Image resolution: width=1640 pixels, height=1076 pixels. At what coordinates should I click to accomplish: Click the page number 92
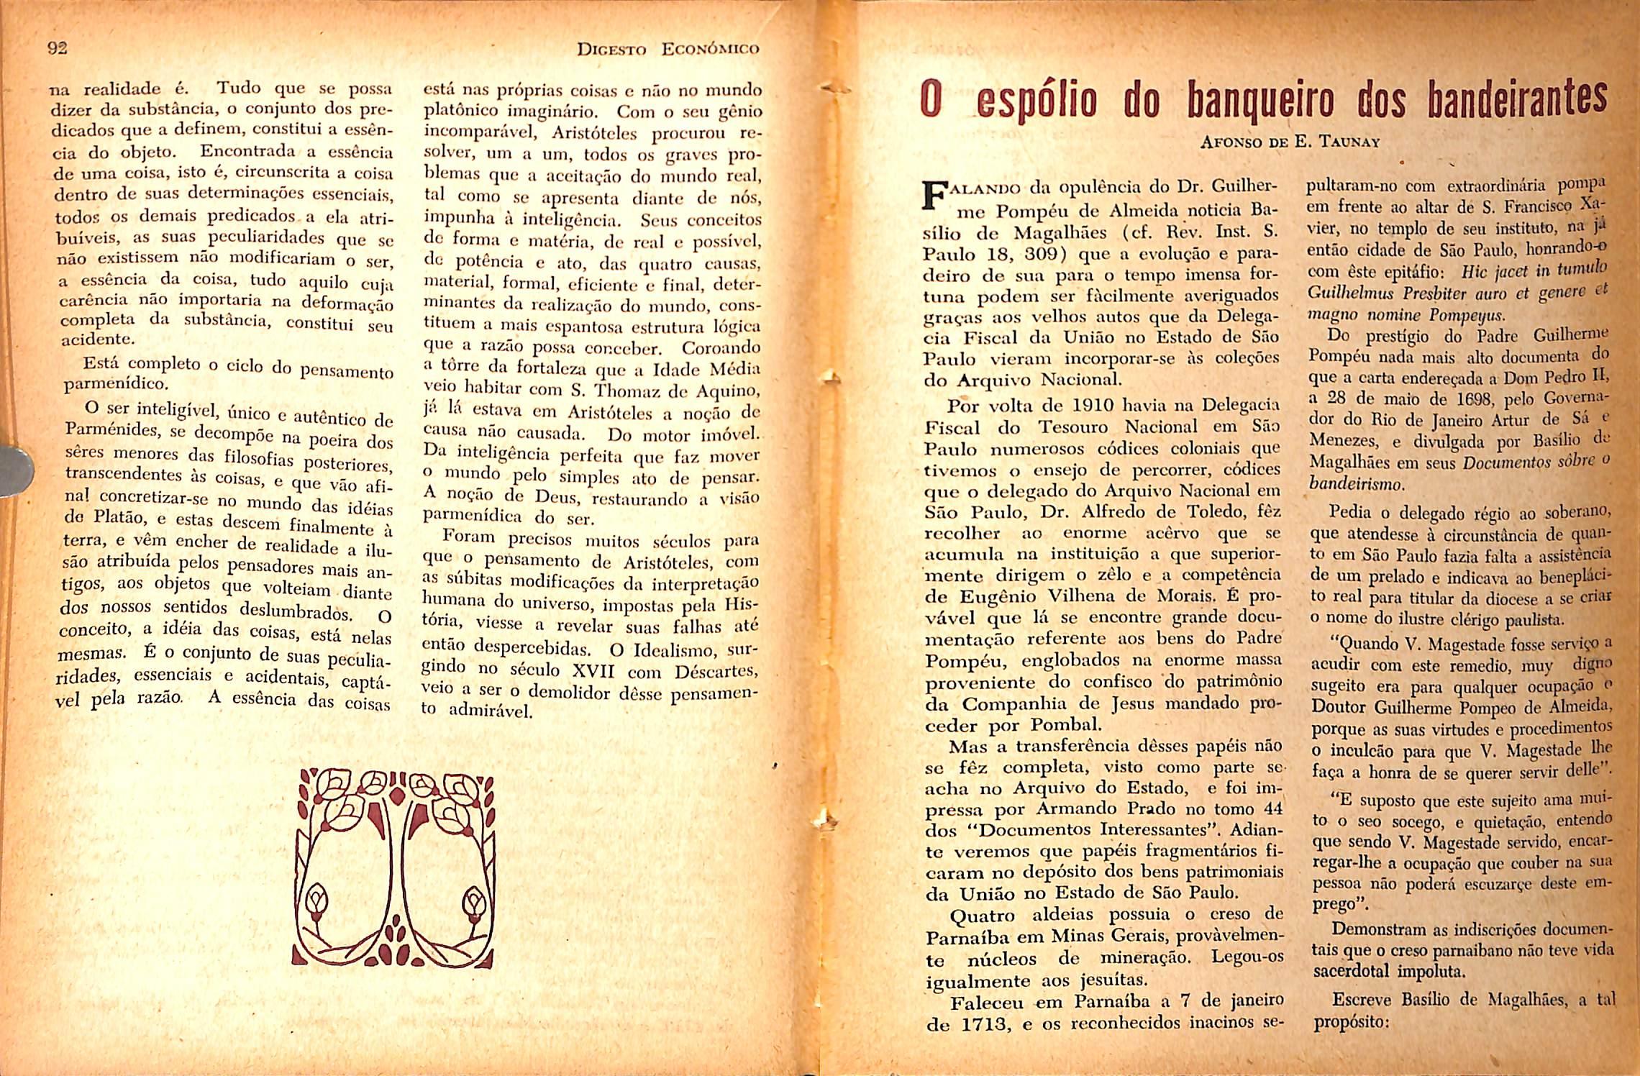click(x=57, y=48)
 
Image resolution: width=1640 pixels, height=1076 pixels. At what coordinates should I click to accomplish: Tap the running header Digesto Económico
click(x=668, y=50)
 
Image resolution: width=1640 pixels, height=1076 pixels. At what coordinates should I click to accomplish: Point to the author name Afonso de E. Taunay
click(x=1290, y=142)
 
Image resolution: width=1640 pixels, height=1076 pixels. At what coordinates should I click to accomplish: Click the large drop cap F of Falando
click(x=934, y=195)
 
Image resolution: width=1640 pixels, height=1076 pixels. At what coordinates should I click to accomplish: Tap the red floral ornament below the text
click(x=394, y=868)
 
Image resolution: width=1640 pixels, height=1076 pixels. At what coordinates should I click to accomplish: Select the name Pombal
click(x=1065, y=725)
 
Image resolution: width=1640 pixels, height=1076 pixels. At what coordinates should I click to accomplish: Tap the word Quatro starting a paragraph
click(x=983, y=916)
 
